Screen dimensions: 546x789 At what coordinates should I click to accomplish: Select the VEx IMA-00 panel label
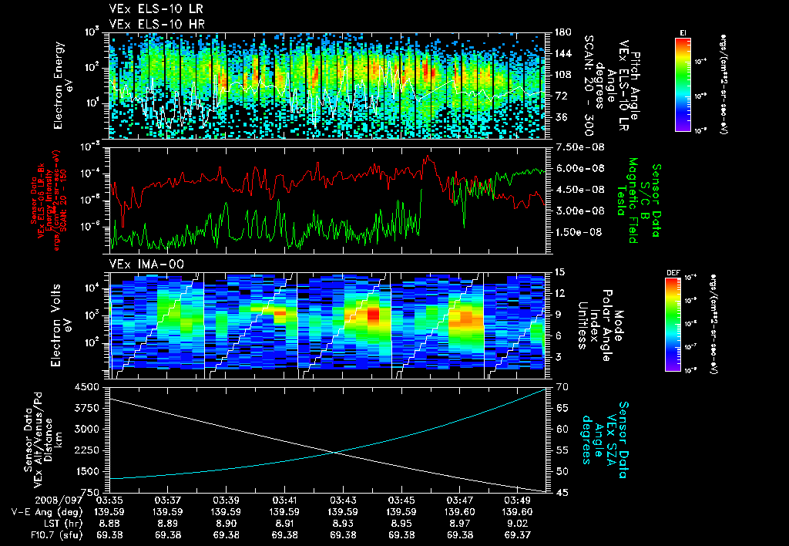tap(142, 264)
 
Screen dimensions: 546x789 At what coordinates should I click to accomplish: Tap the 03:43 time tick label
tap(343, 500)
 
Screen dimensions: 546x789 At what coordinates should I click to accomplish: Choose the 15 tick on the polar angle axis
tap(559, 272)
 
